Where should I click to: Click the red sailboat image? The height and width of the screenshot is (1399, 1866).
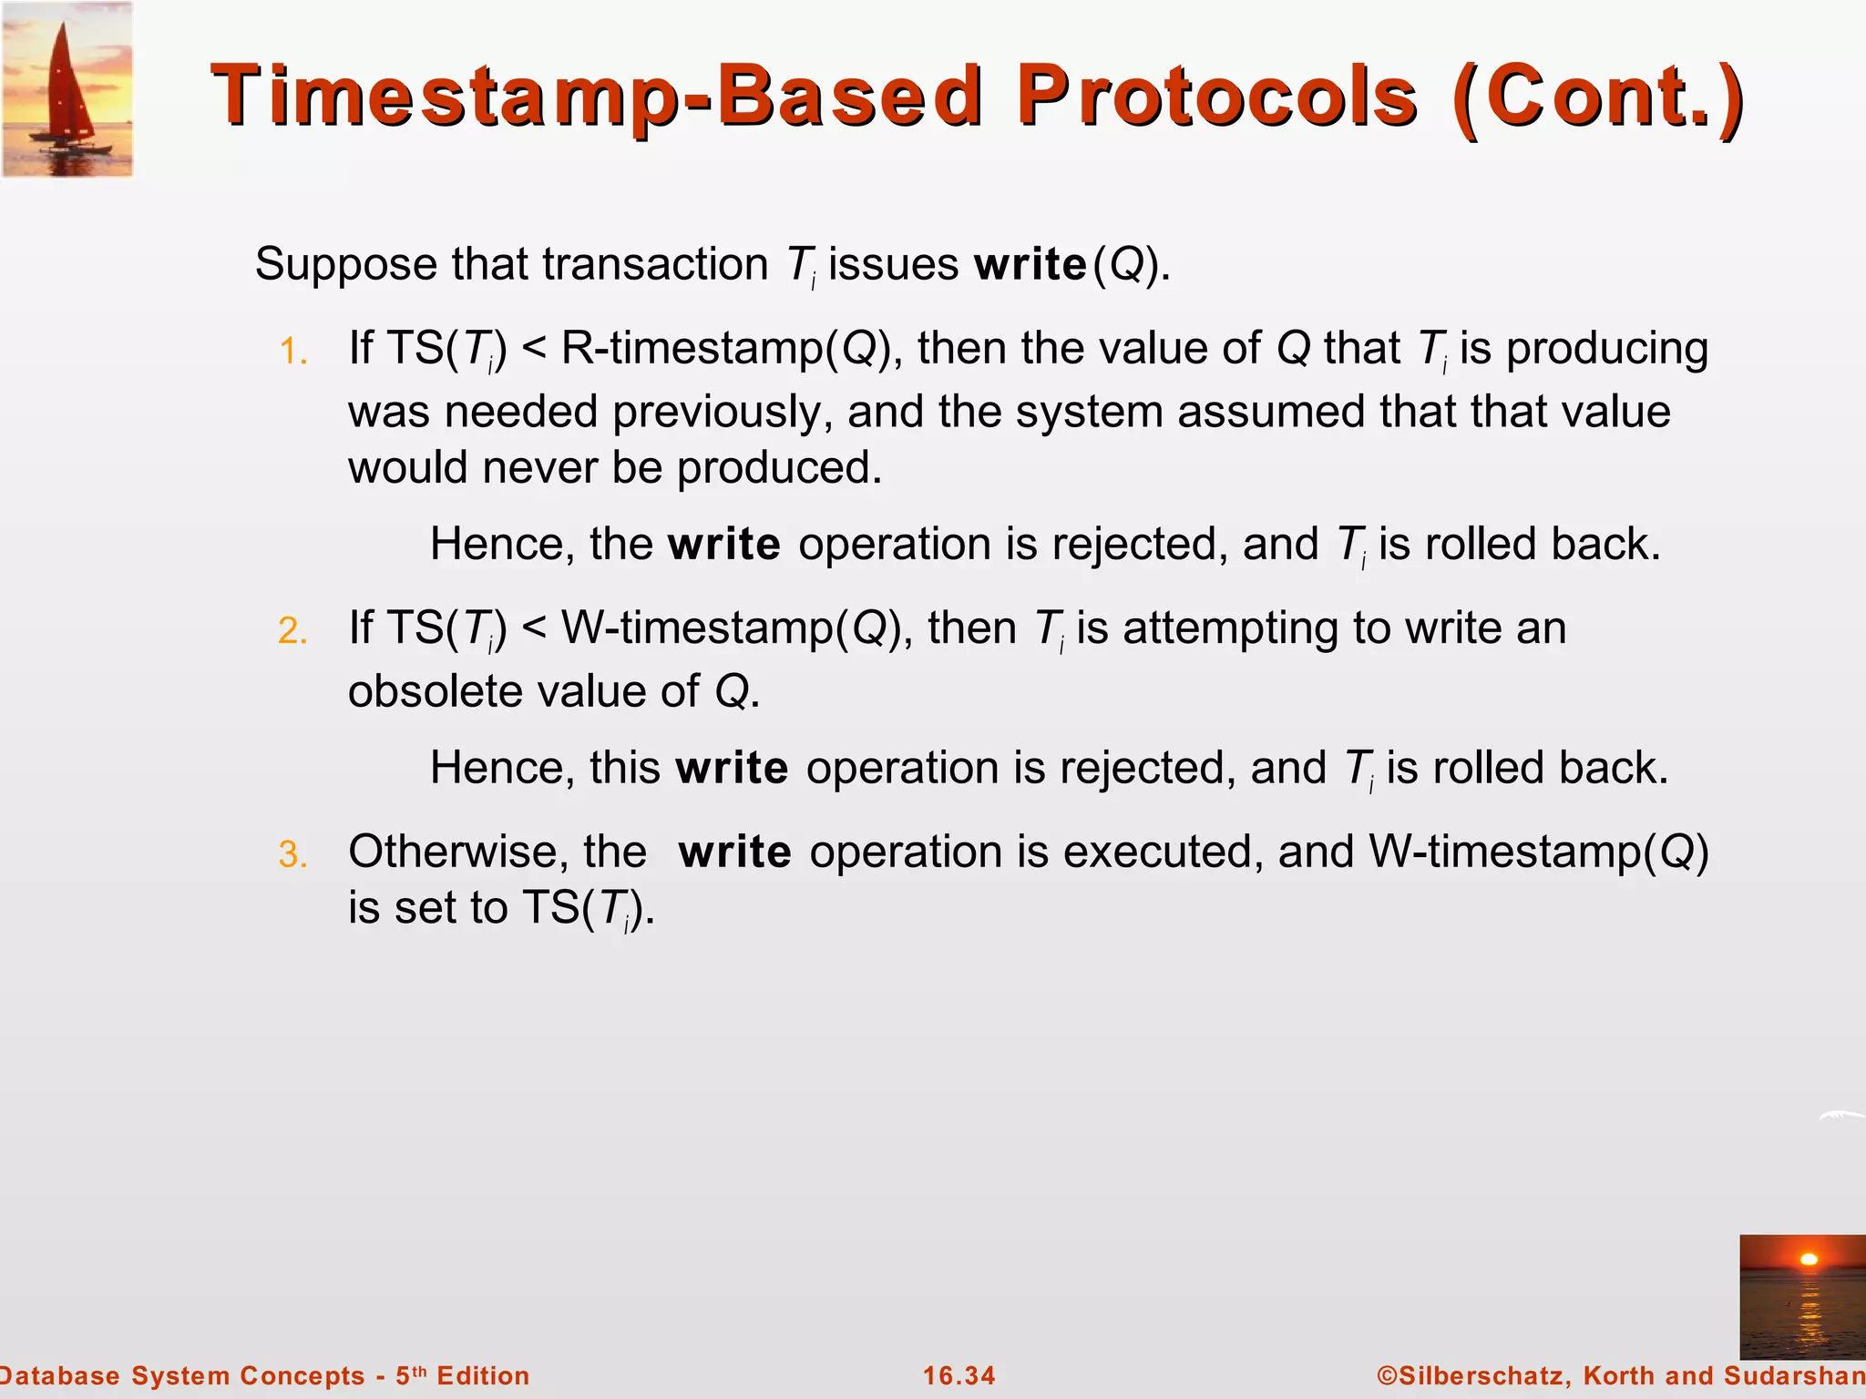[67, 89]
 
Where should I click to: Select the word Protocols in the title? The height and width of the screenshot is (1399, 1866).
[1217, 97]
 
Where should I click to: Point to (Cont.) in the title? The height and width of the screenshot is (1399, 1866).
[1598, 97]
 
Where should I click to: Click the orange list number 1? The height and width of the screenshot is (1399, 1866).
[292, 352]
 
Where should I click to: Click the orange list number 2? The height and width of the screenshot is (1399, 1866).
[292, 631]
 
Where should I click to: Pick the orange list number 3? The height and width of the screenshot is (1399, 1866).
[292, 855]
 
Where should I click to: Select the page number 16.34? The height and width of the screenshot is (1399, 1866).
[959, 1375]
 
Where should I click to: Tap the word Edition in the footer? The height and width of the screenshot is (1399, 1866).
[483, 1375]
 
